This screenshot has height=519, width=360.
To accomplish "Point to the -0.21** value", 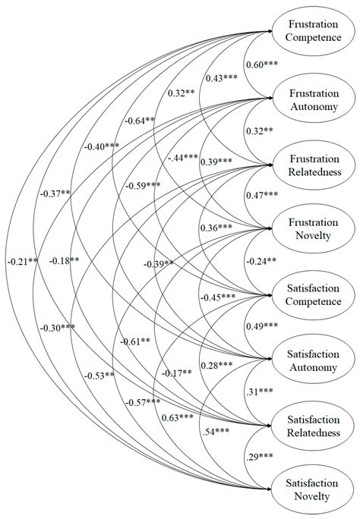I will click(21, 263).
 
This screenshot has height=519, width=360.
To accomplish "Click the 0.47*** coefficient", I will click(261, 196).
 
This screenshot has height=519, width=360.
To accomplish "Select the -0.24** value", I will click(260, 262).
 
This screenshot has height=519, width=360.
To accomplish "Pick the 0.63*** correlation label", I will click(177, 417).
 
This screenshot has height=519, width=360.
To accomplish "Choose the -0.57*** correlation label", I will click(144, 401).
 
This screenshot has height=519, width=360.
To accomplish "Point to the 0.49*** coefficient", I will click(261, 326).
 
